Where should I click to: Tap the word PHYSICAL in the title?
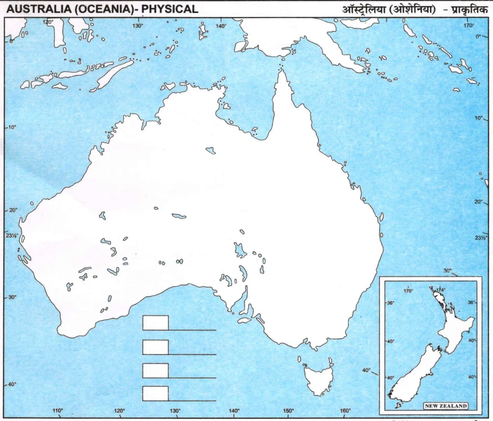point(170,9)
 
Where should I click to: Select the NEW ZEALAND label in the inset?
point(446,406)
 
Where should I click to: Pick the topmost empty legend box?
point(155,323)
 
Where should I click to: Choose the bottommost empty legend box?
point(155,393)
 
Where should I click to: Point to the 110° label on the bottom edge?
point(58,411)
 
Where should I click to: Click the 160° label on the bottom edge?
point(345,411)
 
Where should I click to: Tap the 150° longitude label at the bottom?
point(288,411)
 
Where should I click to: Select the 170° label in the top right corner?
point(469,25)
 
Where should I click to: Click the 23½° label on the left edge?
point(11,235)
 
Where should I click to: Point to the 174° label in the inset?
point(441,290)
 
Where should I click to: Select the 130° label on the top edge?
point(138,26)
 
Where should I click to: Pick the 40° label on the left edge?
point(12,384)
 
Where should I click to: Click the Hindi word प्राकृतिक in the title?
point(469,9)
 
